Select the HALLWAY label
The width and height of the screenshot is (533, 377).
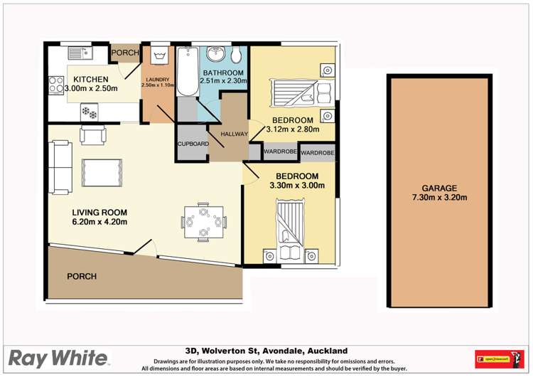(234, 134)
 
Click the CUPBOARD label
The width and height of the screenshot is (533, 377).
(192, 144)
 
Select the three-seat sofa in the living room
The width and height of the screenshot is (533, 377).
(60, 166)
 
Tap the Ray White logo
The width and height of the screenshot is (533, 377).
(59, 357)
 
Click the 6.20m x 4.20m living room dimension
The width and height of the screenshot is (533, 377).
(99, 222)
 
